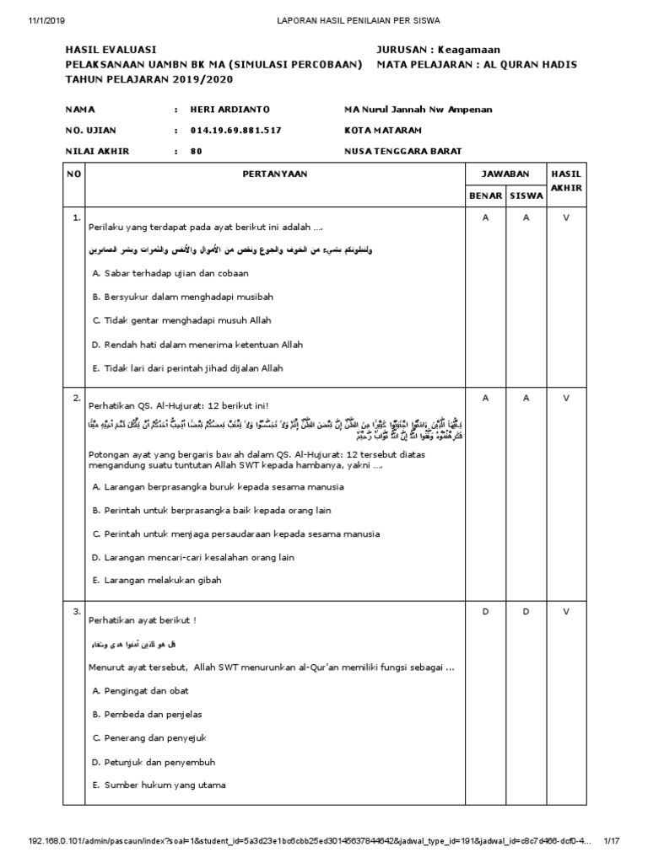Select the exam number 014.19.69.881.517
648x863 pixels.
click(235, 131)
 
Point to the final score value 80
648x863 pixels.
click(197, 152)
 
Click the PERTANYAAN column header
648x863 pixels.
click(275, 174)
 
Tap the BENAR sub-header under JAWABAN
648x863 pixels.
click(485, 196)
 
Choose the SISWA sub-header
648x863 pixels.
click(526, 196)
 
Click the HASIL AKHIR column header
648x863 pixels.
click(566, 180)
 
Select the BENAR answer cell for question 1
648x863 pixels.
click(485, 217)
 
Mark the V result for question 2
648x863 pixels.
click(566, 397)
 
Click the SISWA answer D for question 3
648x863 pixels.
click(526, 612)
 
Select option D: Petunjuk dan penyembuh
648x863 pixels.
click(151, 762)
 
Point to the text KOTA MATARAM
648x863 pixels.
click(383, 131)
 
